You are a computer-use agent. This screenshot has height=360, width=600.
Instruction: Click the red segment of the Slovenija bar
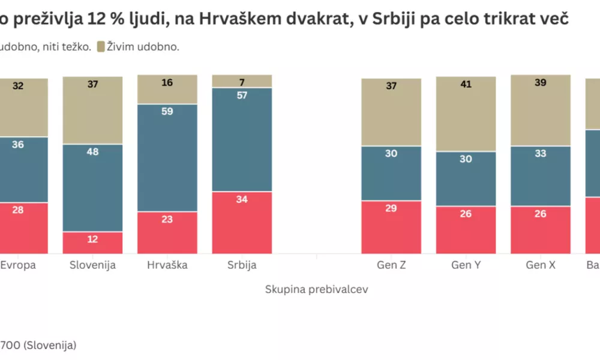pos(93,242)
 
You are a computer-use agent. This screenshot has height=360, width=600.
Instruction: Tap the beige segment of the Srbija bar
pos(242,81)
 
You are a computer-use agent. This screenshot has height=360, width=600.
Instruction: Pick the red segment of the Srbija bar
pos(242,223)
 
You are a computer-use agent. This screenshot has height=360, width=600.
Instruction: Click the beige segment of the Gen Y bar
pos(466,114)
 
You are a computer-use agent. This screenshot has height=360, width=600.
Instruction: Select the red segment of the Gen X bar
pos(540,230)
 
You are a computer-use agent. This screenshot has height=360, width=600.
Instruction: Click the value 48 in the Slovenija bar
pos(93,152)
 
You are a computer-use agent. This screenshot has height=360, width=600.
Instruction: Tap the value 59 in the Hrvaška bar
pos(167,111)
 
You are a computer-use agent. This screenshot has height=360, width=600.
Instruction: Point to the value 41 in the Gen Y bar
pos(466,85)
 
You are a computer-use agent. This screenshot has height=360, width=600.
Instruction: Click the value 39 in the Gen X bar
pos(540,83)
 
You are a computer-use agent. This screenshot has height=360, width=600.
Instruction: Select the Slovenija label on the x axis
pos(93,265)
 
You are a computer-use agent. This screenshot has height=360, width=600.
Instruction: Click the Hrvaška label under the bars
pos(167,265)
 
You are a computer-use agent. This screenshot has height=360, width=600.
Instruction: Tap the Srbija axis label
pos(242,265)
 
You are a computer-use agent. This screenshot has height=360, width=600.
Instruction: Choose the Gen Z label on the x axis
pos(391,265)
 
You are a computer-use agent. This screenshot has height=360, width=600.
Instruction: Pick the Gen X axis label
pos(540,265)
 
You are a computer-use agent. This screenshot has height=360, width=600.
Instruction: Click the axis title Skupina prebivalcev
pos(316,289)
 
